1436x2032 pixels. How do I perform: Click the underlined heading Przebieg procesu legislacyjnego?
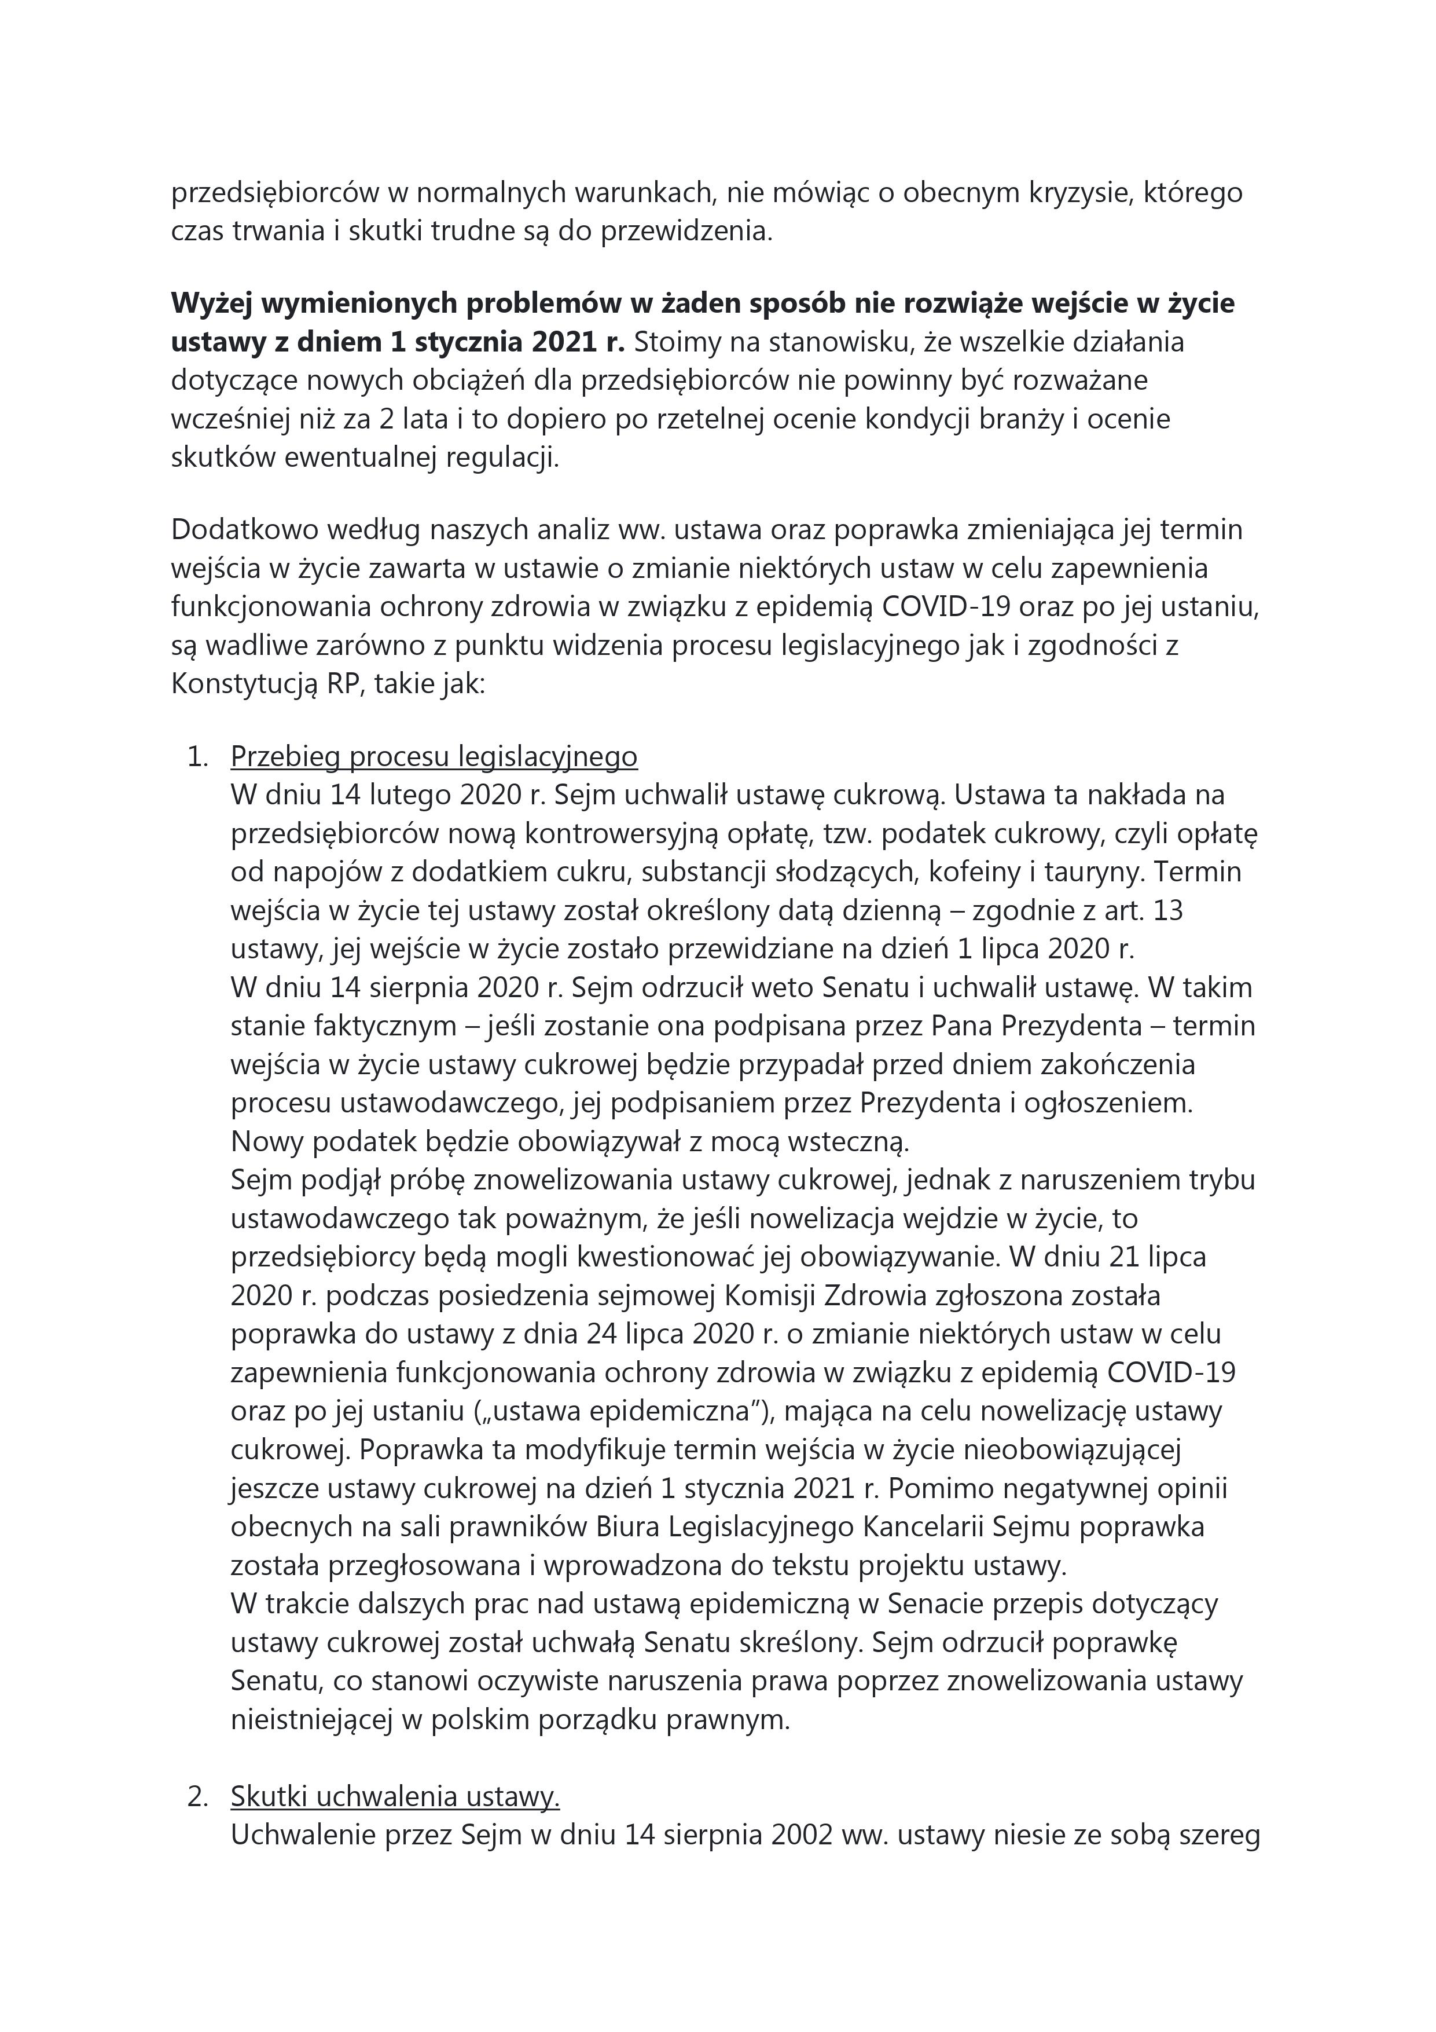coord(434,757)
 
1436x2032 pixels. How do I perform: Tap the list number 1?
coord(197,757)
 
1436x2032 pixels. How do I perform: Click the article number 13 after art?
coord(1169,911)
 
